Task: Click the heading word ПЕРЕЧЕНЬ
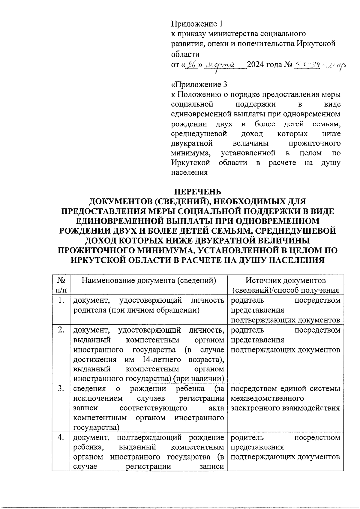tap(198, 191)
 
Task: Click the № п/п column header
tap(61, 285)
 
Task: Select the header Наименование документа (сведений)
tap(149, 280)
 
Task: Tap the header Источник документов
tap(285, 280)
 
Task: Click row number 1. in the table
tap(61, 300)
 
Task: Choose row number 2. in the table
tap(61, 330)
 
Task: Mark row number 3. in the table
tap(61, 389)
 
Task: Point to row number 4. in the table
tap(61, 438)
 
